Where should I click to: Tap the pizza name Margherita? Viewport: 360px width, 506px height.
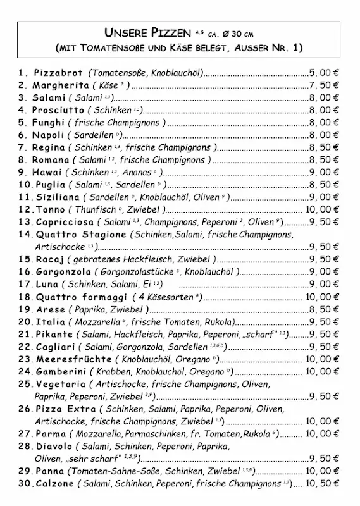[x=61, y=85]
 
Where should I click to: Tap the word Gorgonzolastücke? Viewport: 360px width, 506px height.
[x=135, y=272]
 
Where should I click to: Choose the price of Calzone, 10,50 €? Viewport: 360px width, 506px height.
[x=322, y=483]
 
